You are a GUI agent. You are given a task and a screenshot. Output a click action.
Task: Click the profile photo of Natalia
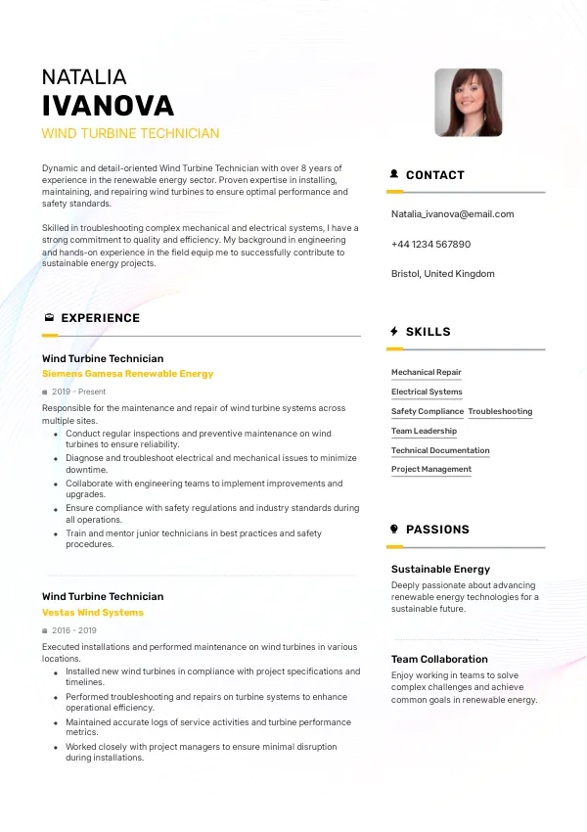point(468,102)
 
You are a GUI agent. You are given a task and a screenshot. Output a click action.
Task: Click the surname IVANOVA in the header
point(108,106)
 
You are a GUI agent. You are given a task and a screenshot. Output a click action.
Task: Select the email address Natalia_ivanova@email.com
point(452,214)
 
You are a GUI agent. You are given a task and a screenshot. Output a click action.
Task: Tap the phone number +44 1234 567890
point(430,245)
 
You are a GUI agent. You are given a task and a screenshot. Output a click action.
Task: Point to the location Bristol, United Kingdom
point(442,274)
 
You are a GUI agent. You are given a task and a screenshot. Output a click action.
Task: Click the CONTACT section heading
point(434,175)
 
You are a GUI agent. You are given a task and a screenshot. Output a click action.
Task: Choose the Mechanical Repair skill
point(426,373)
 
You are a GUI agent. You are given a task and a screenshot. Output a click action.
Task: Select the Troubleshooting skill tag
point(500,412)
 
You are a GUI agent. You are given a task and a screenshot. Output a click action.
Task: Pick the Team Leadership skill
point(424,432)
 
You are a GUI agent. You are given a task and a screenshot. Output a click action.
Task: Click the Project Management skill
point(430,470)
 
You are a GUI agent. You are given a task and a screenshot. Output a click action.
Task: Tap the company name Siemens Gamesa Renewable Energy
point(127,374)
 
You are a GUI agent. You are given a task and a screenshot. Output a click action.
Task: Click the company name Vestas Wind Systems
point(93,613)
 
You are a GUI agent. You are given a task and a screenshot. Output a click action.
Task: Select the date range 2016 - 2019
point(73,630)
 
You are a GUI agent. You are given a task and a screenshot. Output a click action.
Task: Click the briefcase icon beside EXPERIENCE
point(49,318)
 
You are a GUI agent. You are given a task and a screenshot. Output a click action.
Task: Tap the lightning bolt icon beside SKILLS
point(394,332)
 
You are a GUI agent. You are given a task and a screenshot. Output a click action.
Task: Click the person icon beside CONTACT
point(394,175)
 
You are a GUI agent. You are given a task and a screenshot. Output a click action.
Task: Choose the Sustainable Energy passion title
point(440,569)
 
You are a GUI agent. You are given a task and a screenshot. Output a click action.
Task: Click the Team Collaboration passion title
point(439,660)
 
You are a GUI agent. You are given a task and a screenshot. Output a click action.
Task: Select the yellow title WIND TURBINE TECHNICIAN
point(130,133)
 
